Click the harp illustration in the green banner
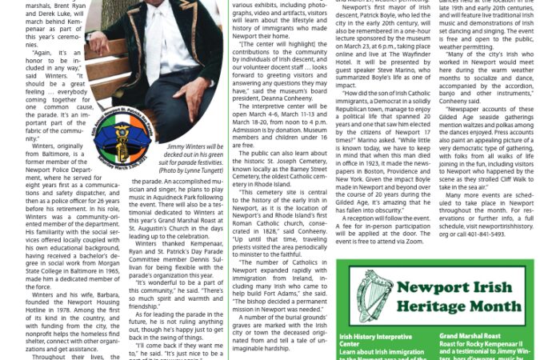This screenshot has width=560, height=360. click(374, 297)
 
